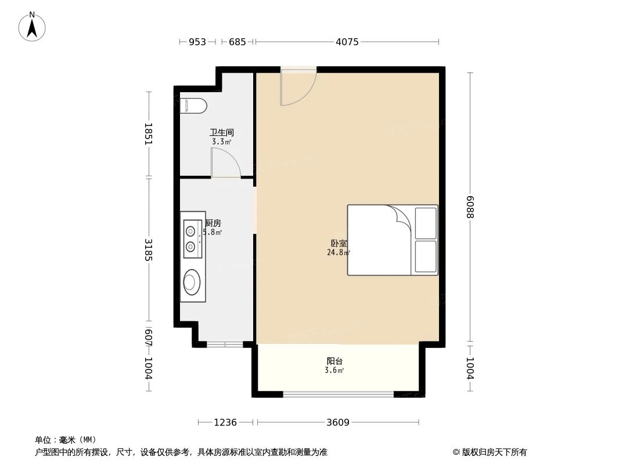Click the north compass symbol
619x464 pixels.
[x=32, y=26]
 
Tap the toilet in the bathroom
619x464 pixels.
[x=195, y=106]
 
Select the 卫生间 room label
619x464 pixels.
[x=221, y=132]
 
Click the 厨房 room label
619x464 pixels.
[x=213, y=223]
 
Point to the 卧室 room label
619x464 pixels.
[x=338, y=244]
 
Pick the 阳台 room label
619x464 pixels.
[x=334, y=361]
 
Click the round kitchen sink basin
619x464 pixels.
[x=191, y=282]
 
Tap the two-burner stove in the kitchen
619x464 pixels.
[x=190, y=239]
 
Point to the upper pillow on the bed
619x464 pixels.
[x=426, y=223]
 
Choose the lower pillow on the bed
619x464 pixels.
[x=426, y=256]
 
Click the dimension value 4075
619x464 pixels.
[x=347, y=42]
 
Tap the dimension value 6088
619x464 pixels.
[x=470, y=206]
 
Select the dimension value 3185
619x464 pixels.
[x=148, y=249]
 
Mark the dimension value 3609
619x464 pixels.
[x=337, y=422]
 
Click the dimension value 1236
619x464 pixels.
[x=225, y=422]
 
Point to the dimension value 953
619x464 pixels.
[x=197, y=42]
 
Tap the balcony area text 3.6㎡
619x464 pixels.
[x=334, y=370]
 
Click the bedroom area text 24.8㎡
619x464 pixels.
[x=338, y=252]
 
